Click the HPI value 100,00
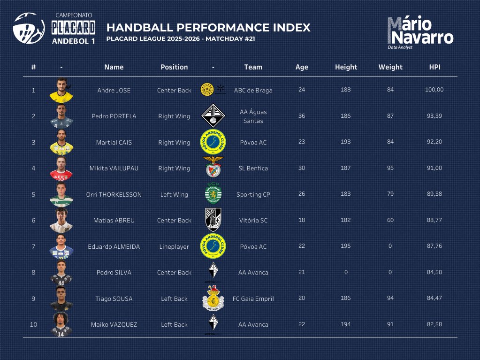[434, 90]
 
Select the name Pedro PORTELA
[114, 116]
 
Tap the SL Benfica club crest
[213, 168]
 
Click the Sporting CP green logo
[213, 194]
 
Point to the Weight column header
[390, 67]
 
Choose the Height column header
[346, 67]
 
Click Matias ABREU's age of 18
[302, 220]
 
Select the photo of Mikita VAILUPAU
[61, 168]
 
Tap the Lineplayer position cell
[174, 246]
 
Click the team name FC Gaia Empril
[253, 299]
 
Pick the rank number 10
[33, 324]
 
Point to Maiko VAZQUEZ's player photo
[61, 324]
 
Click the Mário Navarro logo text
[420, 31]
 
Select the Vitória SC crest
[213, 220]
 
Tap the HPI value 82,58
[434, 324]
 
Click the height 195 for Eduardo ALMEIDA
[346, 246]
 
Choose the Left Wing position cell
[174, 194]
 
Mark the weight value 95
[390, 168]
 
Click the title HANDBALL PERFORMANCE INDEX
[208, 27]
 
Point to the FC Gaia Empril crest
[213, 298]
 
